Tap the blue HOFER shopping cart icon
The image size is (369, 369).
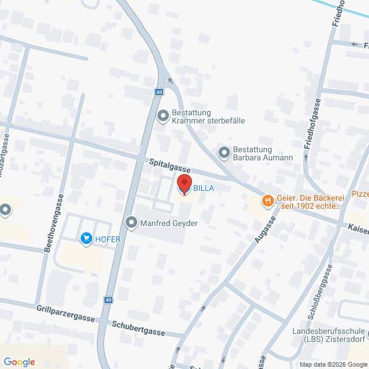[x=87, y=238]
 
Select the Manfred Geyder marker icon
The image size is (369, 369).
[x=132, y=222]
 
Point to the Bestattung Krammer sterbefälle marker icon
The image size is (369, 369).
[x=163, y=116]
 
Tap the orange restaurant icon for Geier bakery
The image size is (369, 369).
[x=267, y=201]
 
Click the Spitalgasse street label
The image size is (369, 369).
[x=170, y=165]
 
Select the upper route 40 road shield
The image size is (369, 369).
[x=159, y=91]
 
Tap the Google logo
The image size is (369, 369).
[x=19, y=362]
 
